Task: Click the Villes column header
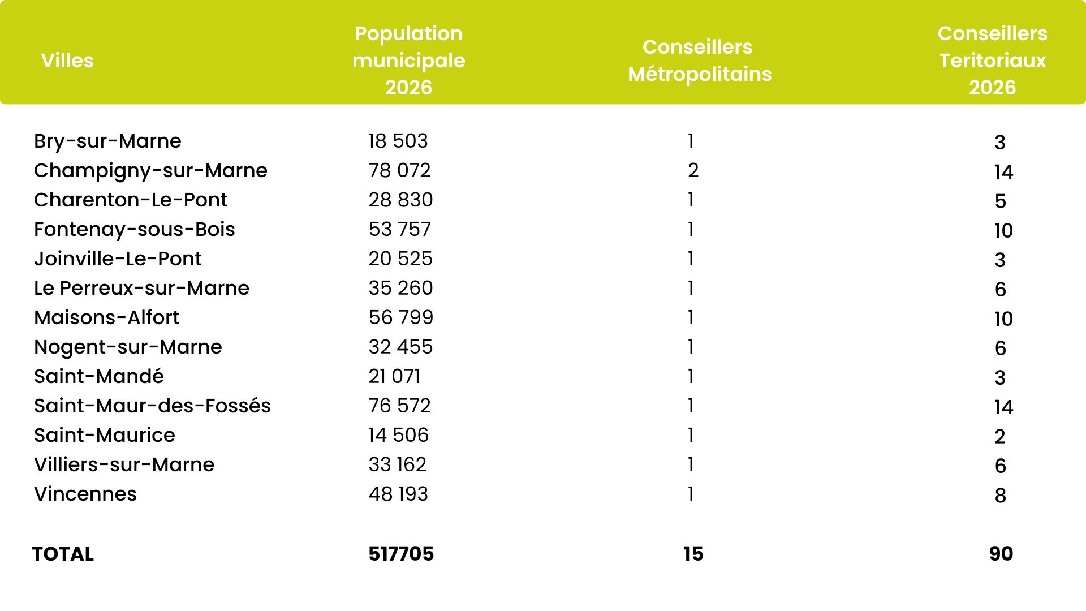coord(67,61)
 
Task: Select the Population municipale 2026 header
coord(408,61)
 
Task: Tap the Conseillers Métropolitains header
coord(699,61)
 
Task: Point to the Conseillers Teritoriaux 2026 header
coord(992,61)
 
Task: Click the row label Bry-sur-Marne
coord(107,141)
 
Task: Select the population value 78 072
coord(399,170)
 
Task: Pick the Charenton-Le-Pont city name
coord(130,200)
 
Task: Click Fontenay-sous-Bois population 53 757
coord(399,229)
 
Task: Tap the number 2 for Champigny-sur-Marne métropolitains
coord(693,170)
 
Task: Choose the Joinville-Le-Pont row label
coord(118,259)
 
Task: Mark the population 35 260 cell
coord(400,288)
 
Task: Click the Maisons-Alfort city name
coord(106,317)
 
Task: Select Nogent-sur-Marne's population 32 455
coord(400,347)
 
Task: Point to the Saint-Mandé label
coord(99,376)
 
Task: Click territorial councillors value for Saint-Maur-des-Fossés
coord(1003,407)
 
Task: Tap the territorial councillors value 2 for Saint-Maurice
coord(1000,437)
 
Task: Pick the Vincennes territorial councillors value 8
coord(1000,496)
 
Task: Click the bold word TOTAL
coord(63,554)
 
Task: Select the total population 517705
coord(401,554)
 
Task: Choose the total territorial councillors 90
coord(1001,554)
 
